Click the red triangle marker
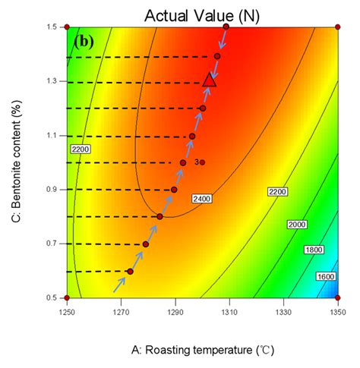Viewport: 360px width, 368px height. [x=210, y=80]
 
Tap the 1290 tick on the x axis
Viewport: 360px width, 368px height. [x=175, y=310]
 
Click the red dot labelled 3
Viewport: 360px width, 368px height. [x=202, y=162]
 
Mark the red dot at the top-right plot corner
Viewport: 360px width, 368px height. [x=337, y=27]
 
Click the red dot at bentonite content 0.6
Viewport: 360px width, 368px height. [x=130, y=271]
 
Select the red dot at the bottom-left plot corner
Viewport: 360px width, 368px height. [x=67, y=297]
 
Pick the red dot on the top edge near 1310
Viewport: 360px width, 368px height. [x=226, y=27]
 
